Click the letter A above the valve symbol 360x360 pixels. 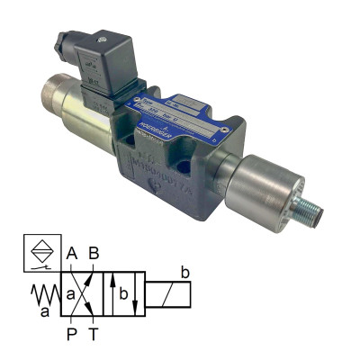click(72, 255)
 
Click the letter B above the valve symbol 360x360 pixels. click(94, 255)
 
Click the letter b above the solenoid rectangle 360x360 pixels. click(184, 272)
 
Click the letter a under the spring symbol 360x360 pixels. click(44, 312)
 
